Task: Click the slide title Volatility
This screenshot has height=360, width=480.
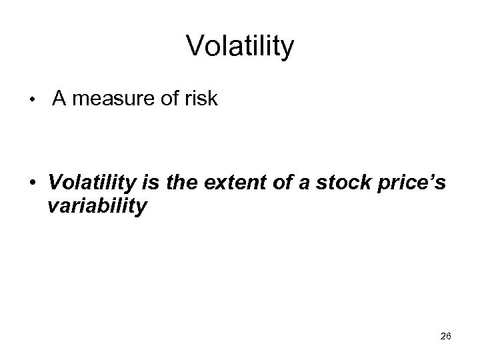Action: [x=240, y=47]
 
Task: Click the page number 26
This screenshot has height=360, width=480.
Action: [x=446, y=336]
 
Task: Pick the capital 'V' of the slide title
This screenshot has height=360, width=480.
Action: [x=195, y=47]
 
